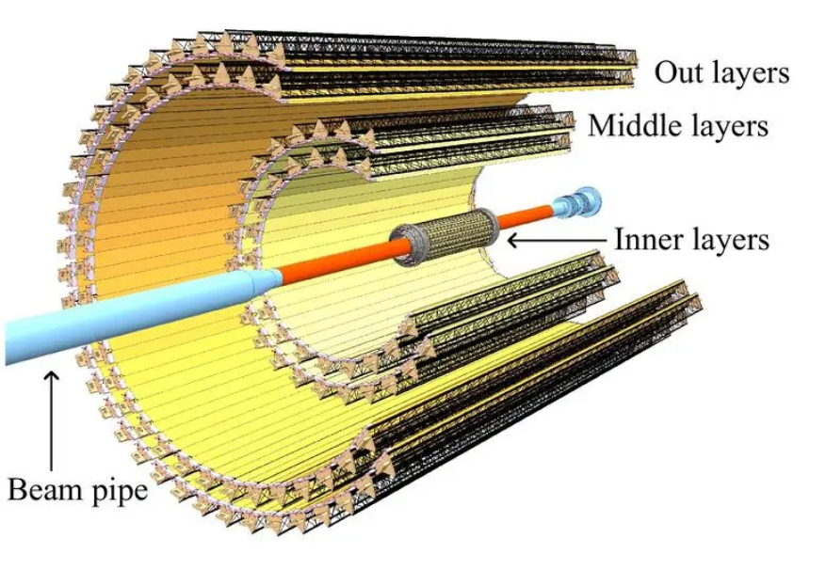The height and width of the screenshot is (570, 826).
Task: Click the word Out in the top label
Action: (677, 72)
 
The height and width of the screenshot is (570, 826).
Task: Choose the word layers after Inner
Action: (729, 241)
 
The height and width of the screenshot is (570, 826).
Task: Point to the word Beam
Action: (44, 489)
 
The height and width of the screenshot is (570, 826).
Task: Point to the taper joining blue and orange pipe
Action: (266, 278)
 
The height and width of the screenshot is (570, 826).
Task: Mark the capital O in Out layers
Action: (665, 72)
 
